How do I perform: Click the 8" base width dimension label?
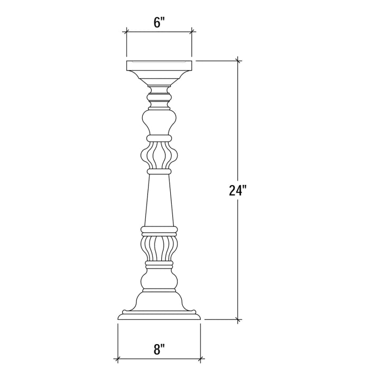159,349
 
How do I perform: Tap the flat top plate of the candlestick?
159,66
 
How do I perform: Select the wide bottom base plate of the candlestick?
159,316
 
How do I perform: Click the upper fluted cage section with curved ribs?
159,155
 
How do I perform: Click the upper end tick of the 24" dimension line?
239,61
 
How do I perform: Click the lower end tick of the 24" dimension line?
239,319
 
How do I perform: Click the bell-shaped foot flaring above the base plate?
159,302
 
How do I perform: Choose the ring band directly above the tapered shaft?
159,171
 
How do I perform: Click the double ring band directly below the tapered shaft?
159,230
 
